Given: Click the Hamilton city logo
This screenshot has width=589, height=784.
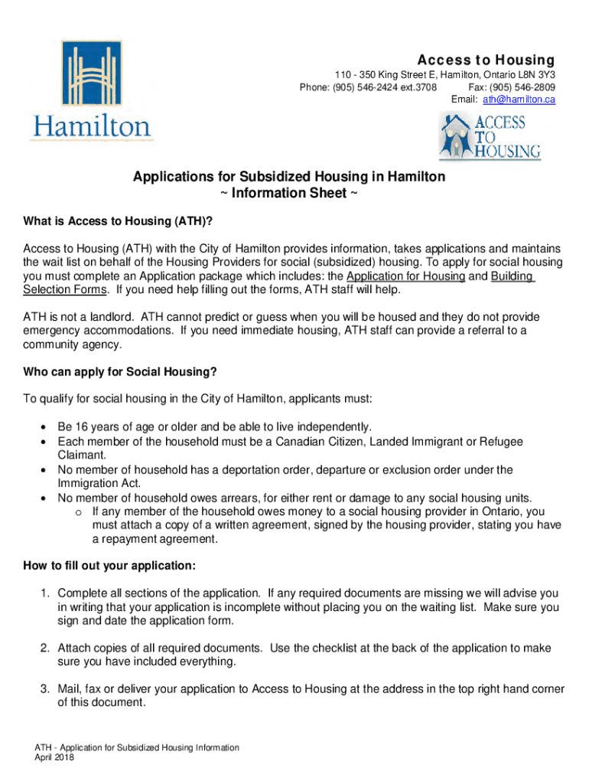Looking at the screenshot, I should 92,91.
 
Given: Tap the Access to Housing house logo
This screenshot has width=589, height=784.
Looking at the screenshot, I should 490,136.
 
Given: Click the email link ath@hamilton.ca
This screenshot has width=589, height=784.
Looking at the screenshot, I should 524,100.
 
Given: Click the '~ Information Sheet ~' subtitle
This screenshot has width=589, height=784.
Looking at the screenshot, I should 288,193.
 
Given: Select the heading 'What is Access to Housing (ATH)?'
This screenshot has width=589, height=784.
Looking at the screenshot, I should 117,221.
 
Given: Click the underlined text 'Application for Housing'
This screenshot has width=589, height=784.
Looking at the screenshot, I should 405,276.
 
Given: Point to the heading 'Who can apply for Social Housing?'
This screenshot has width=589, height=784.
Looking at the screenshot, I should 120,372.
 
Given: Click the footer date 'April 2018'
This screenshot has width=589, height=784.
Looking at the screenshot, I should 52,756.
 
